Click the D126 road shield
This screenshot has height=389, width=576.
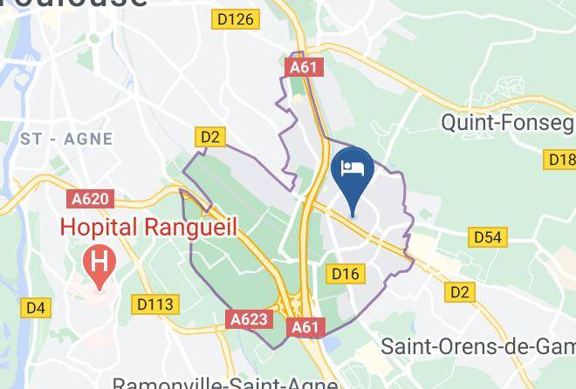click(x=237, y=19)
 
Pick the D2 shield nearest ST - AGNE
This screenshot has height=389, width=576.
click(x=210, y=136)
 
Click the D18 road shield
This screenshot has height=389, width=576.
click(x=560, y=159)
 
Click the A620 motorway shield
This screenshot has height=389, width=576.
click(x=91, y=199)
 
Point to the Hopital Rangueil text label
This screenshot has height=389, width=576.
click(x=148, y=226)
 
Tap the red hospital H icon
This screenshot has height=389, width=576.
click(x=99, y=261)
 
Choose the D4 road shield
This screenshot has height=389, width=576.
click(x=36, y=307)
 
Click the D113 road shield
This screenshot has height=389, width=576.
click(x=157, y=304)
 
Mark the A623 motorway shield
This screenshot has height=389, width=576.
click(x=249, y=320)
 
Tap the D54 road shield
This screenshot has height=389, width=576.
click(x=489, y=236)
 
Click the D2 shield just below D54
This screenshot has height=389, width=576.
click(x=459, y=292)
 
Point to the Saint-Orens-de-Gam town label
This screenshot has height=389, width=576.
click(x=478, y=345)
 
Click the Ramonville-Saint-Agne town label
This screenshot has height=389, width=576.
click(x=225, y=382)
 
